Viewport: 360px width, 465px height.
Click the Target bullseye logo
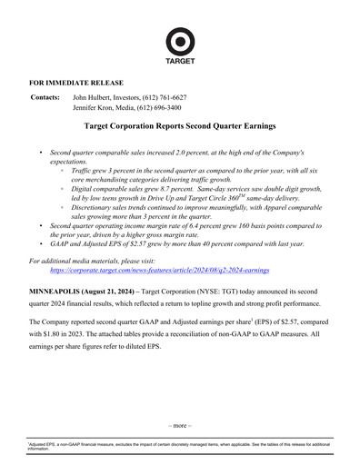point(179,42)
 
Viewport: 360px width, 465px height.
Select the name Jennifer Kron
point(95,107)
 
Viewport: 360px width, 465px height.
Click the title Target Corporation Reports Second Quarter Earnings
point(179,129)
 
